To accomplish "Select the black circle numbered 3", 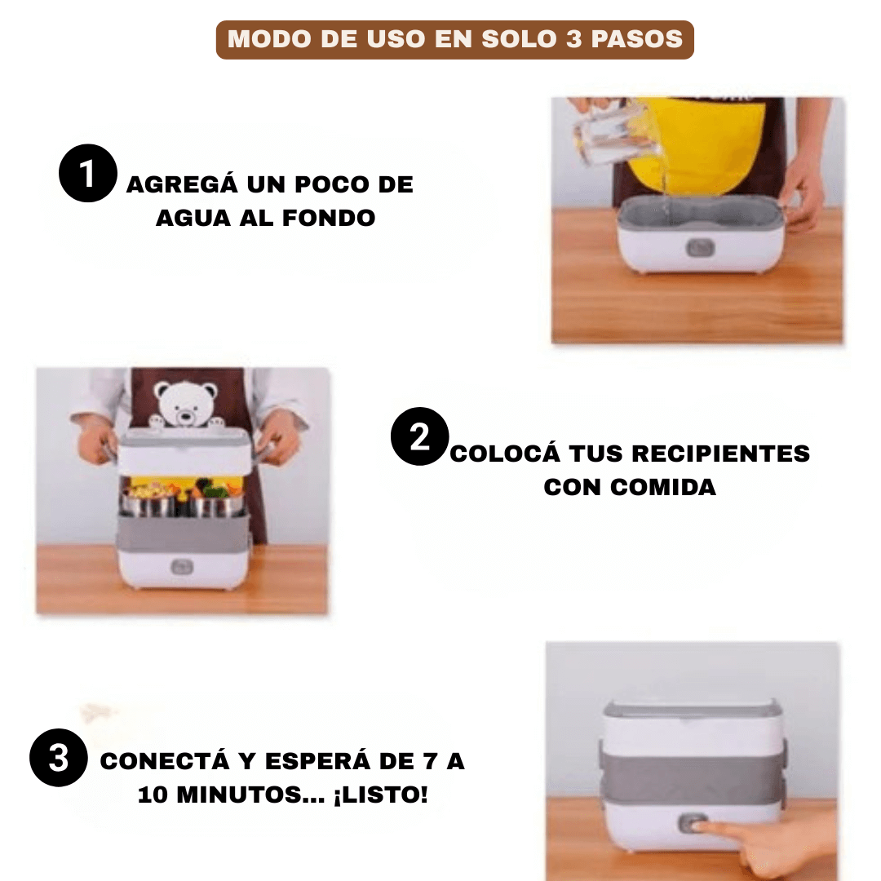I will [58, 758].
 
